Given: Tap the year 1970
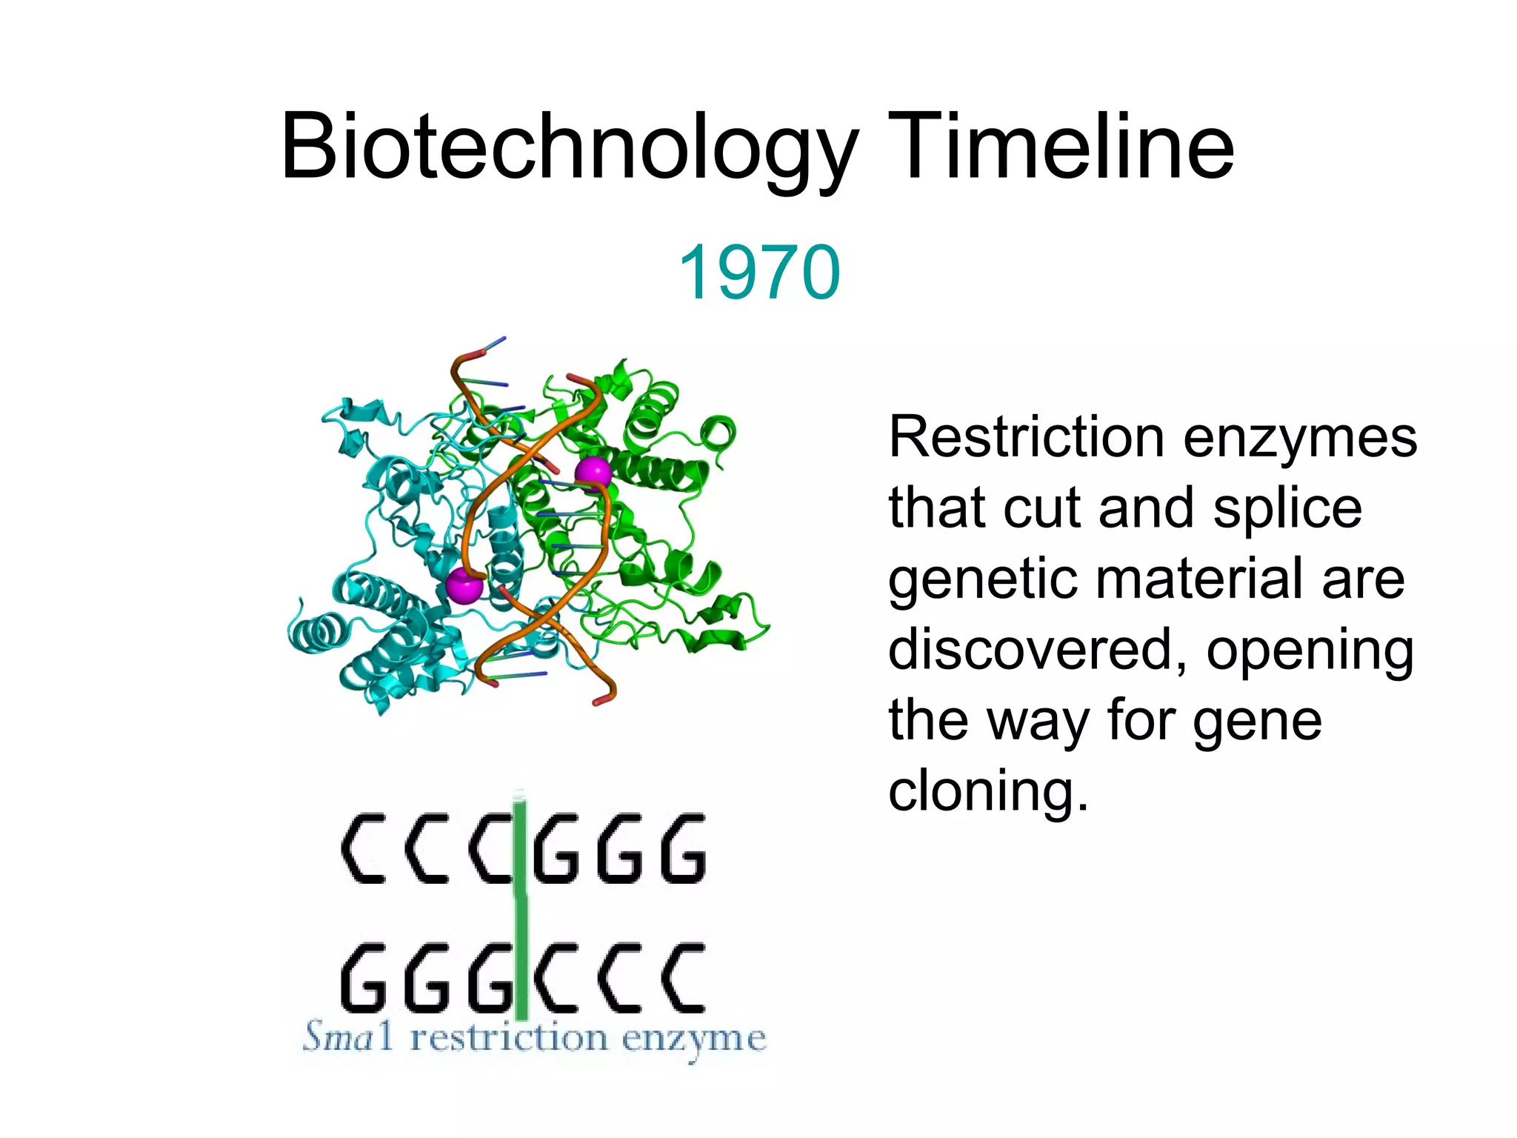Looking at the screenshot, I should (x=759, y=273).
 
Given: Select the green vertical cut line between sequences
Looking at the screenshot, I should (x=521, y=911).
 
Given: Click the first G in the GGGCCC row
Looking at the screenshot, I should (x=363, y=978).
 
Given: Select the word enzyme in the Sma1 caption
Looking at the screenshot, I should (x=693, y=1039).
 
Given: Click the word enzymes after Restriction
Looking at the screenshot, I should (x=1300, y=439).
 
